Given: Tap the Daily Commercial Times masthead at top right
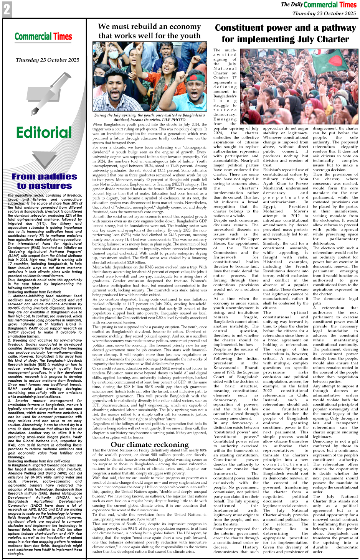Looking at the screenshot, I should point(319,5).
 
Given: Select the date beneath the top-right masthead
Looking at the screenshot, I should point(324,13).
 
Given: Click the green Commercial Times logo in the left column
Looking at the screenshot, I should point(43,37).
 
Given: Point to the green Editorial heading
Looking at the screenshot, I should point(44,133).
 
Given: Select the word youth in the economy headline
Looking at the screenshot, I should point(188,36).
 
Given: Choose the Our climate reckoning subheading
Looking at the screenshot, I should point(150,445).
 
